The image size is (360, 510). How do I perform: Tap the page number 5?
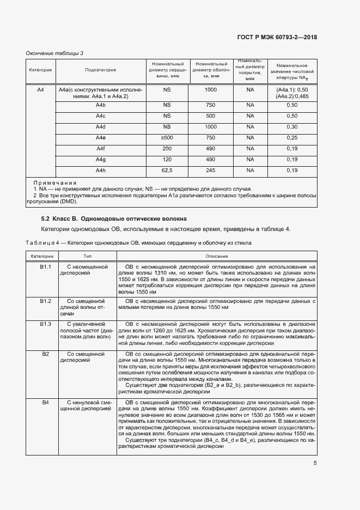coord(315,463)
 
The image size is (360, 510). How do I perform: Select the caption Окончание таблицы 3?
coord(55,53)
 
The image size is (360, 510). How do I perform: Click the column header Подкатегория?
coord(101,70)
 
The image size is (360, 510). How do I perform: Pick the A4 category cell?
coord(40,89)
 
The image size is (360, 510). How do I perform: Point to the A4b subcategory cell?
coord(101,105)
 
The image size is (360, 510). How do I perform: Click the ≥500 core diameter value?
coord(167,137)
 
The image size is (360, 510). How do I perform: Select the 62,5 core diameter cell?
coord(167,171)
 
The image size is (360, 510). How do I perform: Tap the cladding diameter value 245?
coord(210,171)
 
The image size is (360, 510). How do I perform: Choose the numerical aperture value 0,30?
coord(292,126)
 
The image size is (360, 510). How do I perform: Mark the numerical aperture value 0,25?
coord(292,137)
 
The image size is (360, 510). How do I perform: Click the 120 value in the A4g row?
coord(167,160)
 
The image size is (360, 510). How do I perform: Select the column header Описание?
coord(216,256)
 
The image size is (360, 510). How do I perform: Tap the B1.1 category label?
coord(45,267)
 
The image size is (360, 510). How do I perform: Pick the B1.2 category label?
coord(45,301)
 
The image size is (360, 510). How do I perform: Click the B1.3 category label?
coord(45,324)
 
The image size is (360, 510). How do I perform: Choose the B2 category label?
coord(45,354)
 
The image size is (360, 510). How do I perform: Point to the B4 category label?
coord(45,402)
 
